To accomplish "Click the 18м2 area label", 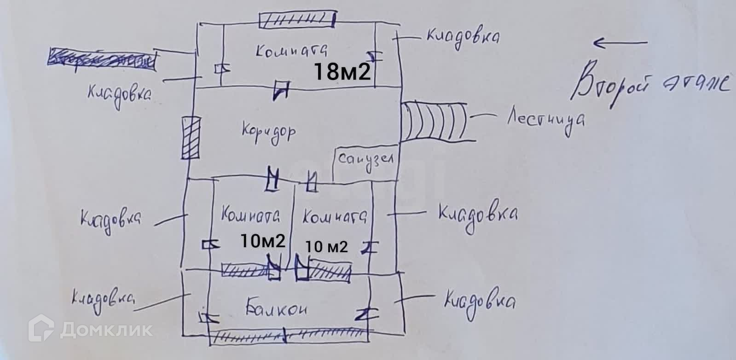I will (x=342, y=72).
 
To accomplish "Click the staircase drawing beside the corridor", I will (x=435, y=122).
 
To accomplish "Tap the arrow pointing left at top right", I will (x=619, y=43).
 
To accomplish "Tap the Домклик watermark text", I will (x=106, y=330).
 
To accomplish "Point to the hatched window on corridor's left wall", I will (x=191, y=138).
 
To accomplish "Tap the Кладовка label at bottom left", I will (x=102, y=302).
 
